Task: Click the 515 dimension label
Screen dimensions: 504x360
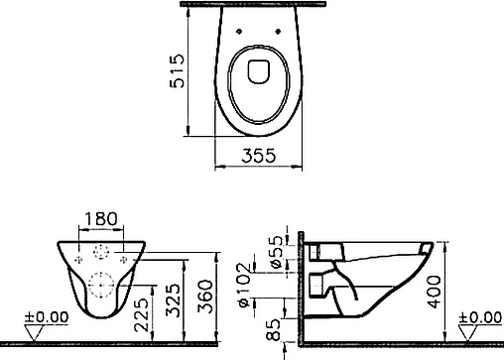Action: click(x=177, y=70)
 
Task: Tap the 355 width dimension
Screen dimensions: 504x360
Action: click(x=258, y=156)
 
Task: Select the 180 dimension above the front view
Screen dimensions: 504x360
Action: click(x=101, y=219)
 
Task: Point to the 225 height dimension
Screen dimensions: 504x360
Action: click(x=142, y=314)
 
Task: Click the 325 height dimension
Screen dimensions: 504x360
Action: click(x=173, y=300)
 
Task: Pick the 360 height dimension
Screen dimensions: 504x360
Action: click(x=205, y=297)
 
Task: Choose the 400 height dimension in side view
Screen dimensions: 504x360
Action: click(x=434, y=292)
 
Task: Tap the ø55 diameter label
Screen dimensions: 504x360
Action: click(x=277, y=252)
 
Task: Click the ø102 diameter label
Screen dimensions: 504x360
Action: click(x=245, y=285)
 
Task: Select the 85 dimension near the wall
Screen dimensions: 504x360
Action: click(x=274, y=329)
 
